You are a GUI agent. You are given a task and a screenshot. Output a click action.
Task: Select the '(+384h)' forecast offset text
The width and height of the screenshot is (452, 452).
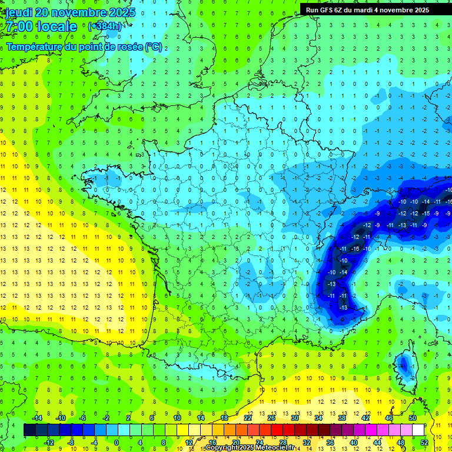tap(104, 26)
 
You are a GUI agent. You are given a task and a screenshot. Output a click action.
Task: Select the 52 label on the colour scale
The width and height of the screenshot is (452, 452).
tap(424, 443)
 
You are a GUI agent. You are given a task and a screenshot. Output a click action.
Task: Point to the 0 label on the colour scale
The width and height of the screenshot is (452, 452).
tap(117, 443)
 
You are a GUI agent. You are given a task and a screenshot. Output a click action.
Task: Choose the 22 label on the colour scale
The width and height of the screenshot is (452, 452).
tap(248, 418)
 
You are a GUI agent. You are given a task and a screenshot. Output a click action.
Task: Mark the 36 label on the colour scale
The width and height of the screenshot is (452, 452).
tap(330, 443)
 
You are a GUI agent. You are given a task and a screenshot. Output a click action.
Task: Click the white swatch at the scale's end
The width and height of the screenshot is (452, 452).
tap(418, 430)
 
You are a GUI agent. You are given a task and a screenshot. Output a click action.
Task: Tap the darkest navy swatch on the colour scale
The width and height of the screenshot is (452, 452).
tap(29, 430)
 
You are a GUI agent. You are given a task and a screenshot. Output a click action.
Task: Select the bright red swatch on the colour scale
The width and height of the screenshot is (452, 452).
tap(277, 430)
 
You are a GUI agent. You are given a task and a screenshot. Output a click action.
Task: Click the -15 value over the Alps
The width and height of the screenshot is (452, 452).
tap(426, 212)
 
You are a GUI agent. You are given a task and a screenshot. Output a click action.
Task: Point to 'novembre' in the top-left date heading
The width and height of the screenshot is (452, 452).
tap(80, 12)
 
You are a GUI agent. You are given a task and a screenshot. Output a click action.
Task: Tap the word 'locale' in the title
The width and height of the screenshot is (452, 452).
tap(56, 26)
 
